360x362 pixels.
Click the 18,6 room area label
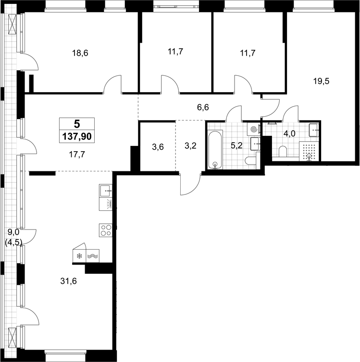click(80, 53)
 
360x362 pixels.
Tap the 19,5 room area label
click(321, 81)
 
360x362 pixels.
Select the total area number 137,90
click(77, 137)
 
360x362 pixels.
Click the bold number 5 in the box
click(77, 124)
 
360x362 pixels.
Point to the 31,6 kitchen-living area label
click(68, 281)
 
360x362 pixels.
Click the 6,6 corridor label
click(203, 108)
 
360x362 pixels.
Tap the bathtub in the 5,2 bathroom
click(215, 150)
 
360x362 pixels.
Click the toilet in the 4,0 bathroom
click(283, 152)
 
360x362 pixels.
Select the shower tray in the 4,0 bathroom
click(309, 151)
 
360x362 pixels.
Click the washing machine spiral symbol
click(254, 129)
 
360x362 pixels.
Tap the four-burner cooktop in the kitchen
click(106, 230)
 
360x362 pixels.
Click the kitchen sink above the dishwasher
click(106, 191)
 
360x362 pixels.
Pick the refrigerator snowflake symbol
click(79, 256)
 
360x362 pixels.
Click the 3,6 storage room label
click(158, 146)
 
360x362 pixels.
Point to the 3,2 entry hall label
click(191, 146)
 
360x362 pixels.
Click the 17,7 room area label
click(77, 155)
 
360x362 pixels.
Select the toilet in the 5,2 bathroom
click(252, 161)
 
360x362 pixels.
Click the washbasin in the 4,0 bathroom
click(314, 130)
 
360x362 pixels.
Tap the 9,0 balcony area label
click(13, 231)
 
